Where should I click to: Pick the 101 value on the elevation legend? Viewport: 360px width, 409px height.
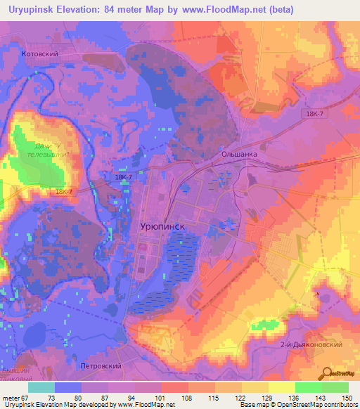[x=159, y=397]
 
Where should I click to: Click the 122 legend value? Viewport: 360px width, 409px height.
[x=239, y=397]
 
